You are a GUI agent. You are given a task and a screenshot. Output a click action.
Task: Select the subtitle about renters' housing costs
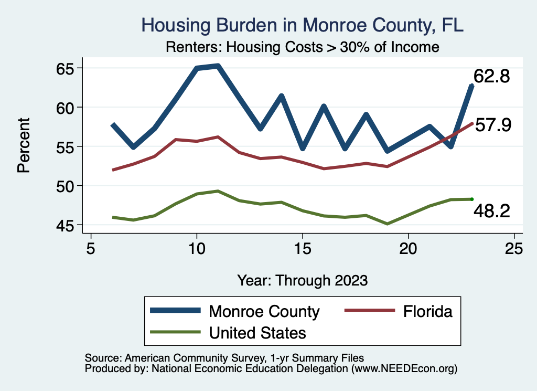(302, 47)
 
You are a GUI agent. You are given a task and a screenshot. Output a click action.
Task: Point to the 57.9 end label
(493, 125)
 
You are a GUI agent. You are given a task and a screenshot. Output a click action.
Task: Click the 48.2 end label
(491, 211)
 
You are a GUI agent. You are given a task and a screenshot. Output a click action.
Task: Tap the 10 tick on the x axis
(197, 248)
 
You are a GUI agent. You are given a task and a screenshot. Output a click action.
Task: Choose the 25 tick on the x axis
(514, 248)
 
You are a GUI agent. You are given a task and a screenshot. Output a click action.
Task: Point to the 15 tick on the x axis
(303, 248)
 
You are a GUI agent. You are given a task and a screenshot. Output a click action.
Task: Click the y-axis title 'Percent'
(24, 146)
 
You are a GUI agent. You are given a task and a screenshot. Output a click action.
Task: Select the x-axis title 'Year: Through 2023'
(302, 280)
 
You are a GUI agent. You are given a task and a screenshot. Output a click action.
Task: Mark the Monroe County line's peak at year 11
(218, 66)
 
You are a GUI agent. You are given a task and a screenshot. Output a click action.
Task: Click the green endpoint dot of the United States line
(472, 199)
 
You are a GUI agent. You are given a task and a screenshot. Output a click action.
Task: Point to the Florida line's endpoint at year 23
(472, 123)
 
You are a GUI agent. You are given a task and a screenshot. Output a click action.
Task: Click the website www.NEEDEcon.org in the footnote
(404, 369)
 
